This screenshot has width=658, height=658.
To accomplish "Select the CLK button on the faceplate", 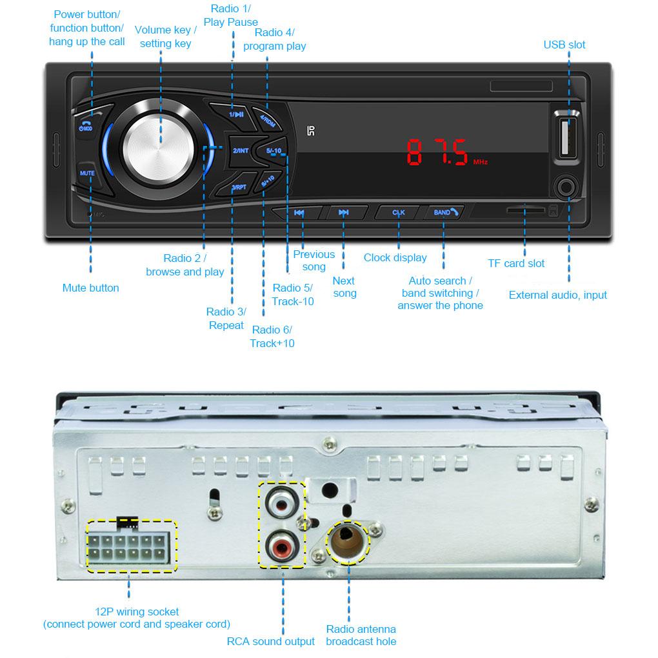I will tap(399, 212).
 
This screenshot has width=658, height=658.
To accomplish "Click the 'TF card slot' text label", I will tap(516, 263).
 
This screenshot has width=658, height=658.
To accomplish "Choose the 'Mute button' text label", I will tap(90, 288).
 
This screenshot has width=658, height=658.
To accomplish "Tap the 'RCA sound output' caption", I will tap(271, 641).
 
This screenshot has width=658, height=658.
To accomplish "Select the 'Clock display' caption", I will tap(395, 257).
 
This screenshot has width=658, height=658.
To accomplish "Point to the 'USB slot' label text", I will tap(564, 45).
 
